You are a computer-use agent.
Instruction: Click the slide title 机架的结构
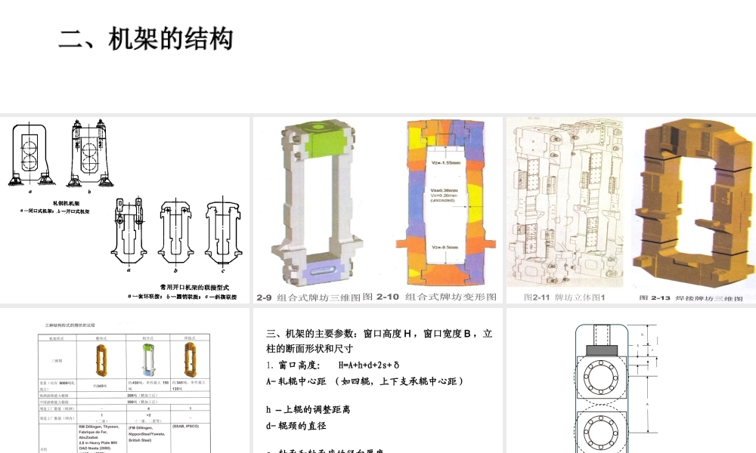pos(171,39)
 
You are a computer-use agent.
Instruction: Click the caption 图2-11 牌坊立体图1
pos(560,297)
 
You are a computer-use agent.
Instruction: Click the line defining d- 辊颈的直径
pos(296,426)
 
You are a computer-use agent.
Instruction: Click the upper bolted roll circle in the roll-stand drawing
pos(603,380)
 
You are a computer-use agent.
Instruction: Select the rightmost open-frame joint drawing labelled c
pos(222,230)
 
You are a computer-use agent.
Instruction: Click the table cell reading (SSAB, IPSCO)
pos(188,426)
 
